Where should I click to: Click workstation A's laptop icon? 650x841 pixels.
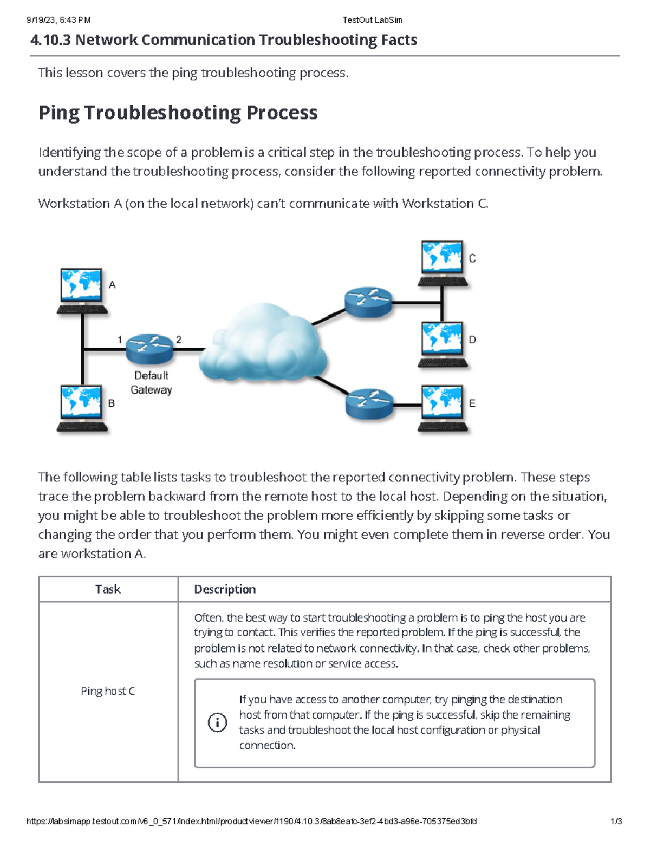tap(82, 290)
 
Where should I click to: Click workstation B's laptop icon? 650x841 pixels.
tap(82, 408)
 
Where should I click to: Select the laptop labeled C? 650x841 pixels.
tap(443, 263)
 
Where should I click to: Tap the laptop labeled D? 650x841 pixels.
tap(443, 344)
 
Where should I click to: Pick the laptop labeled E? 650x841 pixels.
tap(443, 408)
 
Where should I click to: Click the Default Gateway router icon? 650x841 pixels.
tap(149, 348)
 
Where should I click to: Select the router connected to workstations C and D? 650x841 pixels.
tap(368, 302)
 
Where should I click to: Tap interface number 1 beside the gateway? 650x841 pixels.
tap(120, 340)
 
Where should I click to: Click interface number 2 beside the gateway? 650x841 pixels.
tap(179, 340)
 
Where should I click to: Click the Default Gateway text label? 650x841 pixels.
tap(151, 382)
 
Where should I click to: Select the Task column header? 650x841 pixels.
tap(108, 589)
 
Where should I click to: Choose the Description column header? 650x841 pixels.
tap(225, 589)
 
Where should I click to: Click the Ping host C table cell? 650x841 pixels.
tap(108, 691)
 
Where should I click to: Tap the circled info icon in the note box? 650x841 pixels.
tap(217, 722)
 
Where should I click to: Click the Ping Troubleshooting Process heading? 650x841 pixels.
tap(178, 113)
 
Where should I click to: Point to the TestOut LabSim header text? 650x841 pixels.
tap(372, 20)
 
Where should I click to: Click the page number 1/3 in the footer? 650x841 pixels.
tap(616, 821)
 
